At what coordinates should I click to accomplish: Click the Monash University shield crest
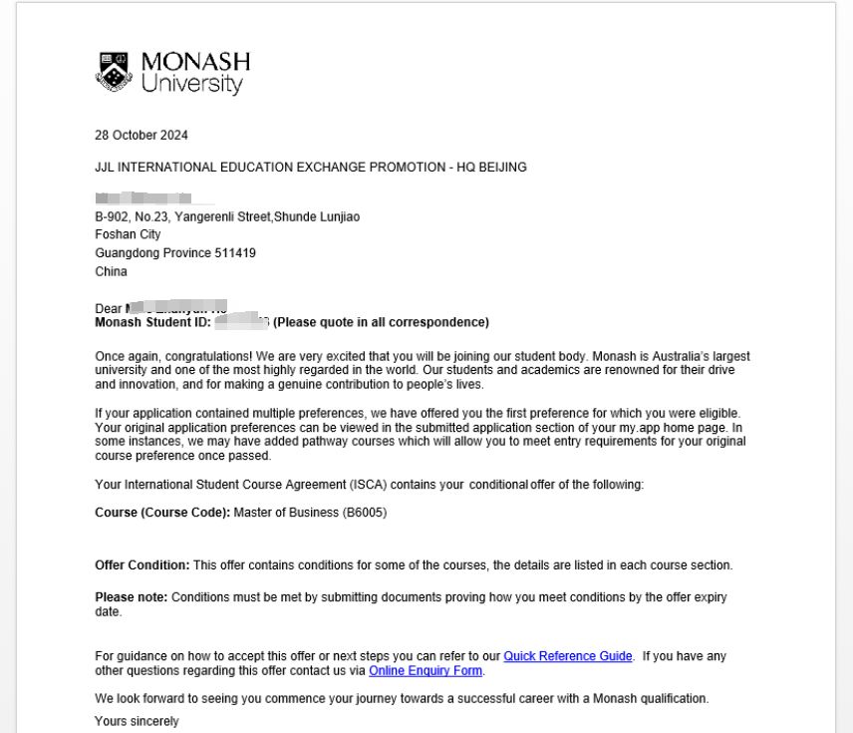[113, 72]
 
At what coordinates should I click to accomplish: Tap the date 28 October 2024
[142, 136]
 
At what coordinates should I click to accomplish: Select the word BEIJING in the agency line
[502, 168]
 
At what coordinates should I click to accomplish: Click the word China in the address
[111, 271]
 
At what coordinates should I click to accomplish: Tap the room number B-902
[113, 217]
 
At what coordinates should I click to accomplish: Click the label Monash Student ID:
[152, 322]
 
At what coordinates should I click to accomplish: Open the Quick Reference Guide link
[568, 656]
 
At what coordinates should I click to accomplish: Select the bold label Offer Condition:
[142, 565]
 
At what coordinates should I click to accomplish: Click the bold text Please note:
[132, 597]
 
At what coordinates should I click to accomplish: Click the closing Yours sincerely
[137, 721]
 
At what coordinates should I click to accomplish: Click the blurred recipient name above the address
[142, 199]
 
